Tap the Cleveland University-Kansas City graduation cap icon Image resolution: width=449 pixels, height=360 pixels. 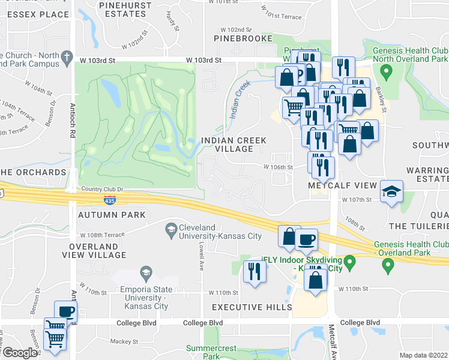point(171,229)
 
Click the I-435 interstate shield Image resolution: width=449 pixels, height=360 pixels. point(109,199)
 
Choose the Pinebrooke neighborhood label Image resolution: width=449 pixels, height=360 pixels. point(239,38)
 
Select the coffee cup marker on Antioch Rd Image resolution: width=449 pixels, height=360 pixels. point(66,312)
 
